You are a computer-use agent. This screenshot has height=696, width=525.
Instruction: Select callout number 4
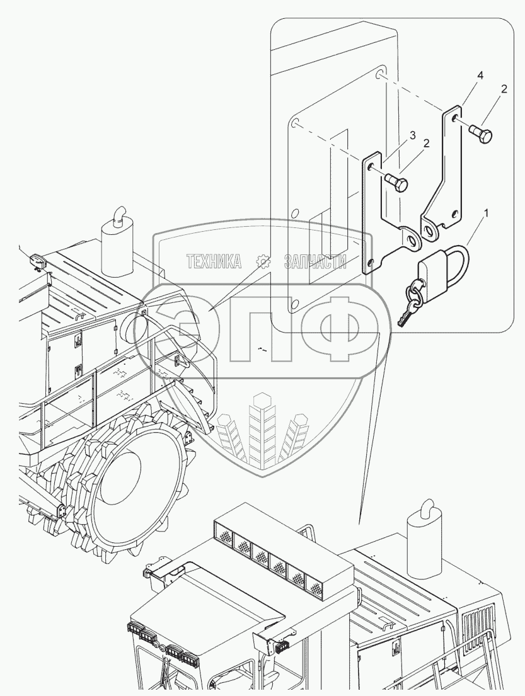pos(480,75)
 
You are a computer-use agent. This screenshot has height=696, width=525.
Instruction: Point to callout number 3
pos(412,135)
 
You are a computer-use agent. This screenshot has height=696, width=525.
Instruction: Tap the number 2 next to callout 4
pos(504,90)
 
